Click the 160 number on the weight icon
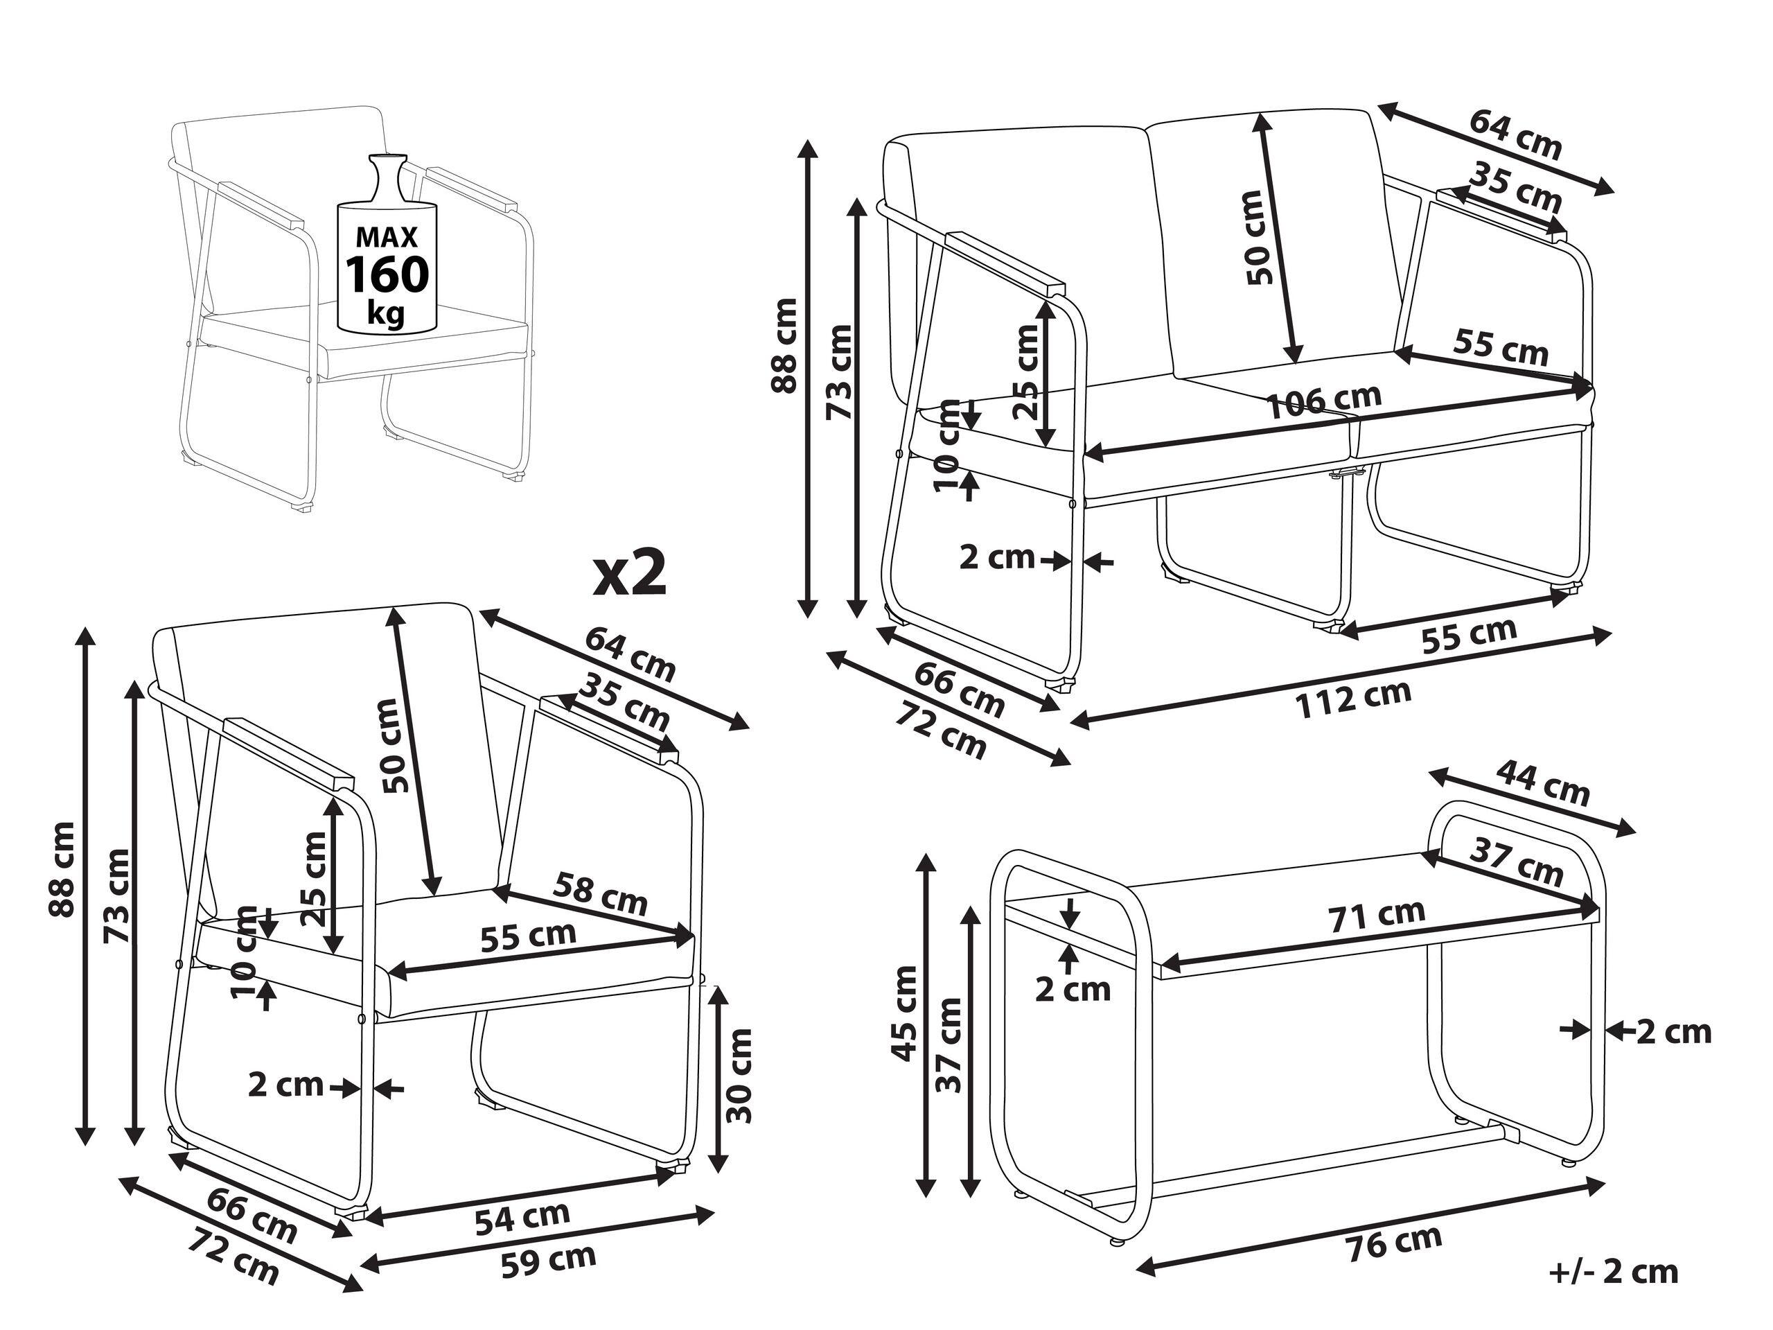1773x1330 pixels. pos(387,274)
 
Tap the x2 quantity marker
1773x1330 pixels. pos(630,574)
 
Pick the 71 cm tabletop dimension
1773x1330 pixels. pos(1378,916)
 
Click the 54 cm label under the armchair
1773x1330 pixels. pos(522,1217)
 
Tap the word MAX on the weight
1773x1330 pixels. pos(387,237)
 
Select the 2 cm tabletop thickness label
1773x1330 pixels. pos(1073,989)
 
